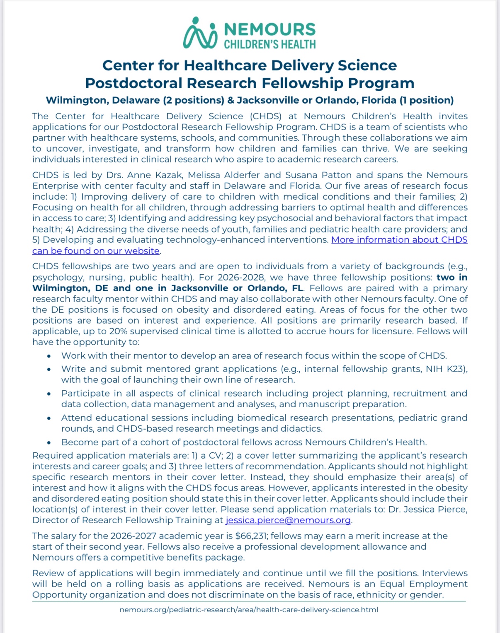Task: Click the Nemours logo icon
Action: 200,33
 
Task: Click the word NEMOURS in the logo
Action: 270,29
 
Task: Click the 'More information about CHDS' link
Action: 399,240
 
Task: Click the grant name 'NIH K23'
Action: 446,369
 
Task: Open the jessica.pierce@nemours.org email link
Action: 289,520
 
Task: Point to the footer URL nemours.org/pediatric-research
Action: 249,610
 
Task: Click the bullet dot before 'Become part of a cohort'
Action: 49,442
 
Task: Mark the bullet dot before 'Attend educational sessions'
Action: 49,418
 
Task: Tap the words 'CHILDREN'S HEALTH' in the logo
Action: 270,44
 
